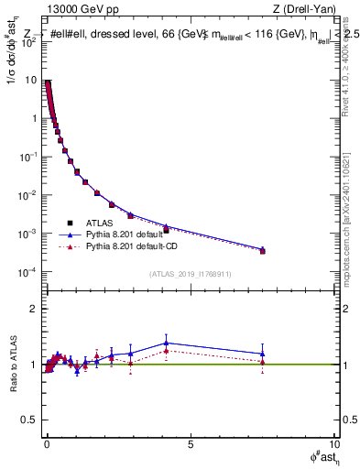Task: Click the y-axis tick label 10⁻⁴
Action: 27,273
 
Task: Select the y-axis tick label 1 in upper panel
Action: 33,119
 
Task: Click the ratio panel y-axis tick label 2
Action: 33,309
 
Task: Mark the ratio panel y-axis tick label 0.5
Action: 28,420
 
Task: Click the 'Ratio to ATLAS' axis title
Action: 11,365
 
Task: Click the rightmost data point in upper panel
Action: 263,250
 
